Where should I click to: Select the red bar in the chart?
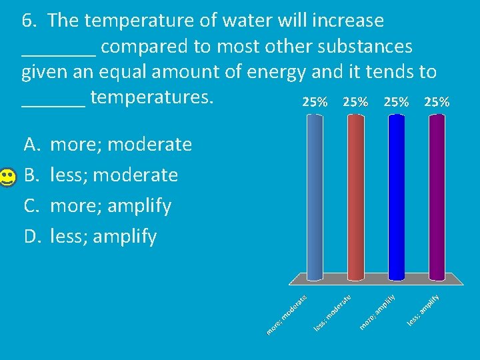(x=355, y=197)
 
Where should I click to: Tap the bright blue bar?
(x=396, y=197)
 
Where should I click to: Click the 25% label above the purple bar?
(x=437, y=102)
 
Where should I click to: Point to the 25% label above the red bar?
(x=355, y=102)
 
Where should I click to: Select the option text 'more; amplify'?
(x=111, y=206)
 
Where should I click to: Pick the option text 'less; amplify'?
(x=103, y=236)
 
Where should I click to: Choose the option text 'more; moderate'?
(x=121, y=145)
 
